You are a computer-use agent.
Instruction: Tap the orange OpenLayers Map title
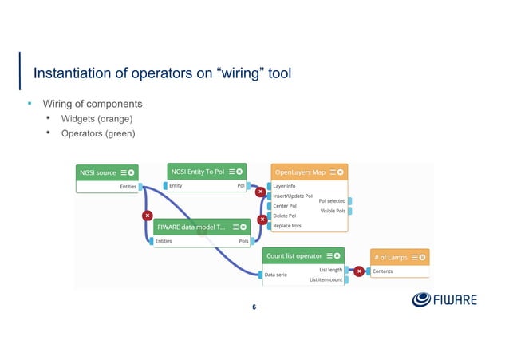coord(301,172)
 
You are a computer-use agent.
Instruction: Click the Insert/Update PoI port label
coord(293,196)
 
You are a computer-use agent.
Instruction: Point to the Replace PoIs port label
coord(288,226)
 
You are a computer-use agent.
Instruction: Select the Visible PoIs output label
coord(332,211)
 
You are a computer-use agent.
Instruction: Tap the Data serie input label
coord(280,275)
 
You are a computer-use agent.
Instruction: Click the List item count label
coord(325,279)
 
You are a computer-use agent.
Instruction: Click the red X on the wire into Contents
coord(359,271)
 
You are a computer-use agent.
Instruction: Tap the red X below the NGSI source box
coord(147,216)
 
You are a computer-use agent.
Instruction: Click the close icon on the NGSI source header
coord(132,172)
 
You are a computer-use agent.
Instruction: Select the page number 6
coord(254,307)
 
